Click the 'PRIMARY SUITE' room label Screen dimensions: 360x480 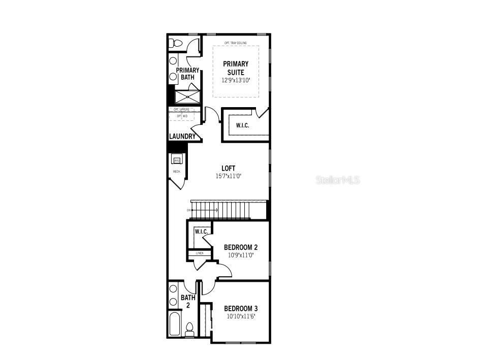tap(236, 68)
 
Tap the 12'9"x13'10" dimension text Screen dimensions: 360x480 tap(236, 80)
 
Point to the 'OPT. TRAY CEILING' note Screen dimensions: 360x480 tap(235, 43)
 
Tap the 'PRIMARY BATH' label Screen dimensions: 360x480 tap(187, 74)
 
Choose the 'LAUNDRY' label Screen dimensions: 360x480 tap(182, 137)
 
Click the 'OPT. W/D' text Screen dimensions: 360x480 tap(182, 116)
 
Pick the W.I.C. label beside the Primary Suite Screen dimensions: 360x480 tap(242, 125)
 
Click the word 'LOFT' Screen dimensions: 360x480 tap(229, 169)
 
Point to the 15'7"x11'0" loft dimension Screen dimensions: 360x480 tap(229, 177)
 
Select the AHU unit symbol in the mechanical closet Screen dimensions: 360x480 tap(177, 160)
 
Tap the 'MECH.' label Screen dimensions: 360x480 tap(177, 172)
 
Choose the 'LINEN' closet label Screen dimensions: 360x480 tap(200, 252)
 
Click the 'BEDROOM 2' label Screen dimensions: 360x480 tap(241, 247)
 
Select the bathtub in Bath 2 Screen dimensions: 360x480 tap(174, 324)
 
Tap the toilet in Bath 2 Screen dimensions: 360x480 tap(189, 330)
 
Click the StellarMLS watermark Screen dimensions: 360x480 tap(338, 180)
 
